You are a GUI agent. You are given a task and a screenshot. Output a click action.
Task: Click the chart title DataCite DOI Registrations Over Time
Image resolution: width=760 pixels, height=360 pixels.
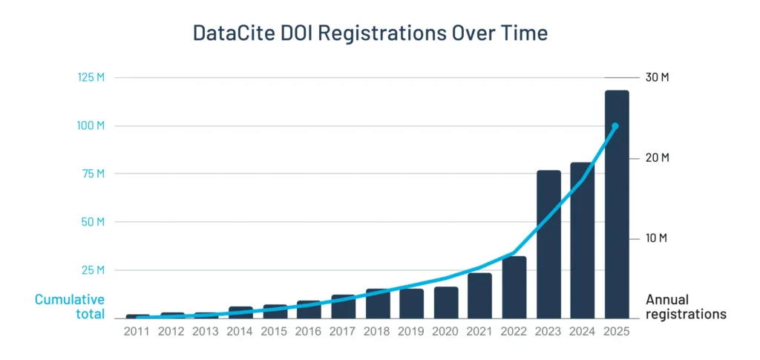(x=370, y=33)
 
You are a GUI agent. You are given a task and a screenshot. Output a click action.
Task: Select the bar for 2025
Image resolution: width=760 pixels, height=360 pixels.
(x=617, y=204)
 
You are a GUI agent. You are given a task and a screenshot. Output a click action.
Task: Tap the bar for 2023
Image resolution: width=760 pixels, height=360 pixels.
(x=548, y=244)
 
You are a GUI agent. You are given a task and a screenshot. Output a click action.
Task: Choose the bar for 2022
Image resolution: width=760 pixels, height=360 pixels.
(x=514, y=287)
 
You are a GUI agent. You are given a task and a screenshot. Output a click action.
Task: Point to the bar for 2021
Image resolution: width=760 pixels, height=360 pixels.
(x=480, y=295)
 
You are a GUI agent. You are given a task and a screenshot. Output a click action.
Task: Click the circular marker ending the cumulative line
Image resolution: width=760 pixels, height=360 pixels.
(x=615, y=126)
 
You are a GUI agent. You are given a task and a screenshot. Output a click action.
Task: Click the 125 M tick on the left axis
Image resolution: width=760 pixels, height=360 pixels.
(x=90, y=78)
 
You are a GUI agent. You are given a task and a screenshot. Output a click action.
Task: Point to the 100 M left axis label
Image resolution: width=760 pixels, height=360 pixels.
(x=90, y=125)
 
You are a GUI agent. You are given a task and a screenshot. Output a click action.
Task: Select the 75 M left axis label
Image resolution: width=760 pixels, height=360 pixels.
(x=92, y=174)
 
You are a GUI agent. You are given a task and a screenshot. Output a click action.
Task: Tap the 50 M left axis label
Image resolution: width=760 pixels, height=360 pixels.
(x=92, y=222)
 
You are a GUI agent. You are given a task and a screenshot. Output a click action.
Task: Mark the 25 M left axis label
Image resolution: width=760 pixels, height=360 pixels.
(x=92, y=269)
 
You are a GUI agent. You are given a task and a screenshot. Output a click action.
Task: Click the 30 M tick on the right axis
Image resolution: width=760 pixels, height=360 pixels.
(x=656, y=78)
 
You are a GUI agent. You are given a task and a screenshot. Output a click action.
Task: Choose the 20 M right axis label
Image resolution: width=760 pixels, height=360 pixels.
(x=656, y=158)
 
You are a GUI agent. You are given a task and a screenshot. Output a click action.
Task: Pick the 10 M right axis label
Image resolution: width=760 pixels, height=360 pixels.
(x=656, y=238)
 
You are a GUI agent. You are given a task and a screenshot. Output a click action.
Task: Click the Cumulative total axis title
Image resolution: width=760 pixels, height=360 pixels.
(x=70, y=307)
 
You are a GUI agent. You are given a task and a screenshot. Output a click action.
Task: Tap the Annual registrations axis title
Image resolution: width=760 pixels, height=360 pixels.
(x=685, y=307)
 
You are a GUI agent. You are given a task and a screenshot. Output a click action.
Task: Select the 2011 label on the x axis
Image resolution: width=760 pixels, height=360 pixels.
(x=137, y=332)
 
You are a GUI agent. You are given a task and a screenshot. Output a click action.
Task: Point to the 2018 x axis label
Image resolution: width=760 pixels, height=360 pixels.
(x=377, y=332)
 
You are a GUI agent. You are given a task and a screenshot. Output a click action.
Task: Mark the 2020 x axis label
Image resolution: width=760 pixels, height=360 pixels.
(x=445, y=332)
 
